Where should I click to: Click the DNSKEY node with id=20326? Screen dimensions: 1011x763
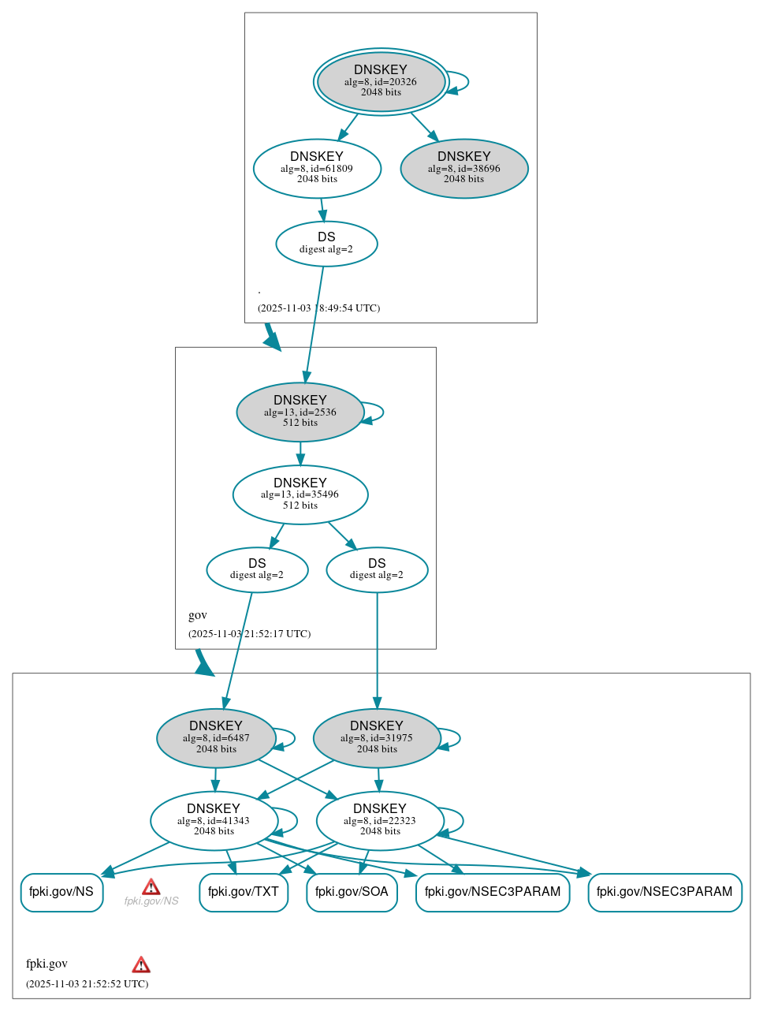[x=381, y=81]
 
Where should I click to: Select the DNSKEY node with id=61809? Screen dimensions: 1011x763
[x=317, y=168]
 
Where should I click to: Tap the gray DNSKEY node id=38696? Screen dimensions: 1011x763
[x=464, y=168]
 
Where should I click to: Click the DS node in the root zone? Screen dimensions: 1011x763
[x=326, y=244]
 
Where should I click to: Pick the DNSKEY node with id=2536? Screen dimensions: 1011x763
[x=300, y=412]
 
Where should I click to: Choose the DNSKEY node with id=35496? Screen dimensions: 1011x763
[x=300, y=494]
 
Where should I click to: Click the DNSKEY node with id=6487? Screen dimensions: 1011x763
[x=216, y=738]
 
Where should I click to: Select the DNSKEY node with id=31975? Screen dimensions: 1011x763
[x=377, y=738]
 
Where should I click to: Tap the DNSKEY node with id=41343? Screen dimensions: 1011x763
[x=214, y=820]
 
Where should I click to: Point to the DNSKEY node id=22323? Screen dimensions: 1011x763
[x=380, y=820]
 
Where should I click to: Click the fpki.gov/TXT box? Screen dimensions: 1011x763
[x=244, y=892]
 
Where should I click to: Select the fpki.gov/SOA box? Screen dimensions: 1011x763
[x=352, y=892]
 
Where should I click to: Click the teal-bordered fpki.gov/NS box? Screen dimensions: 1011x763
[x=61, y=892]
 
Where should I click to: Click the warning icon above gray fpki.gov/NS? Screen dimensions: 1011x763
[x=151, y=887]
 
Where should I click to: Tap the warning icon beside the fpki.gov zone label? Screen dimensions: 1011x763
[x=141, y=964]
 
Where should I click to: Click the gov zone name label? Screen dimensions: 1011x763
[x=198, y=615]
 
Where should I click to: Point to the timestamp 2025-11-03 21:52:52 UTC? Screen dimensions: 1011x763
[x=87, y=983]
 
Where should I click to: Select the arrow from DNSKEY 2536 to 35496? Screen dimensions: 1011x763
[x=300, y=453]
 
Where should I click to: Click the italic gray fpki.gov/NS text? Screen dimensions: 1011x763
[x=151, y=901]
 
